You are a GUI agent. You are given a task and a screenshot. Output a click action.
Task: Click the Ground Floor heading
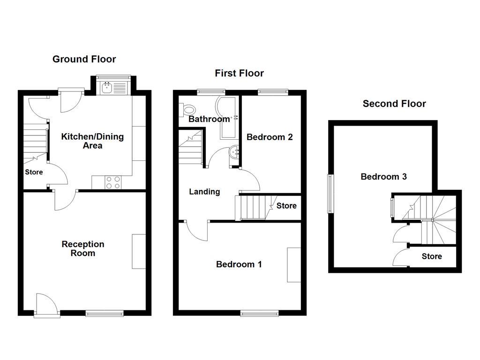(84, 59)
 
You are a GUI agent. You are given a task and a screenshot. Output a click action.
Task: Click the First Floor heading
(239, 73)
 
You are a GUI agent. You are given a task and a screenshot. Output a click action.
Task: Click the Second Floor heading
(394, 104)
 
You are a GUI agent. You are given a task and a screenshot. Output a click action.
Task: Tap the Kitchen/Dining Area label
(93, 141)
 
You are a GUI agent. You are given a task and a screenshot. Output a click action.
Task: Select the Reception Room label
(83, 248)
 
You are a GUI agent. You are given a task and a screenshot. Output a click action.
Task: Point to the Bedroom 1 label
(239, 264)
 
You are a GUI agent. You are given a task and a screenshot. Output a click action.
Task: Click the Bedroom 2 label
(270, 137)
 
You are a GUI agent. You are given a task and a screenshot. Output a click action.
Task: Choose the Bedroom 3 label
(383, 177)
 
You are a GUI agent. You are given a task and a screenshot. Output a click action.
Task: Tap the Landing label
(204, 191)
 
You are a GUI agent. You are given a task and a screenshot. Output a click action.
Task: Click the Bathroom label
(209, 119)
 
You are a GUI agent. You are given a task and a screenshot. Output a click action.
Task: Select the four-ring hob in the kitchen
(112, 182)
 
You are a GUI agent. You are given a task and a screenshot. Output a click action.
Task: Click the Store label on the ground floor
(34, 172)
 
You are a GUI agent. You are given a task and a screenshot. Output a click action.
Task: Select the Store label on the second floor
(432, 256)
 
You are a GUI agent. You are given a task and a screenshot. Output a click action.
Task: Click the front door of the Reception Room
(47, 305)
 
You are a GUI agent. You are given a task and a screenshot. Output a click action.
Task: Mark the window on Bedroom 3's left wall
(330, 195)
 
